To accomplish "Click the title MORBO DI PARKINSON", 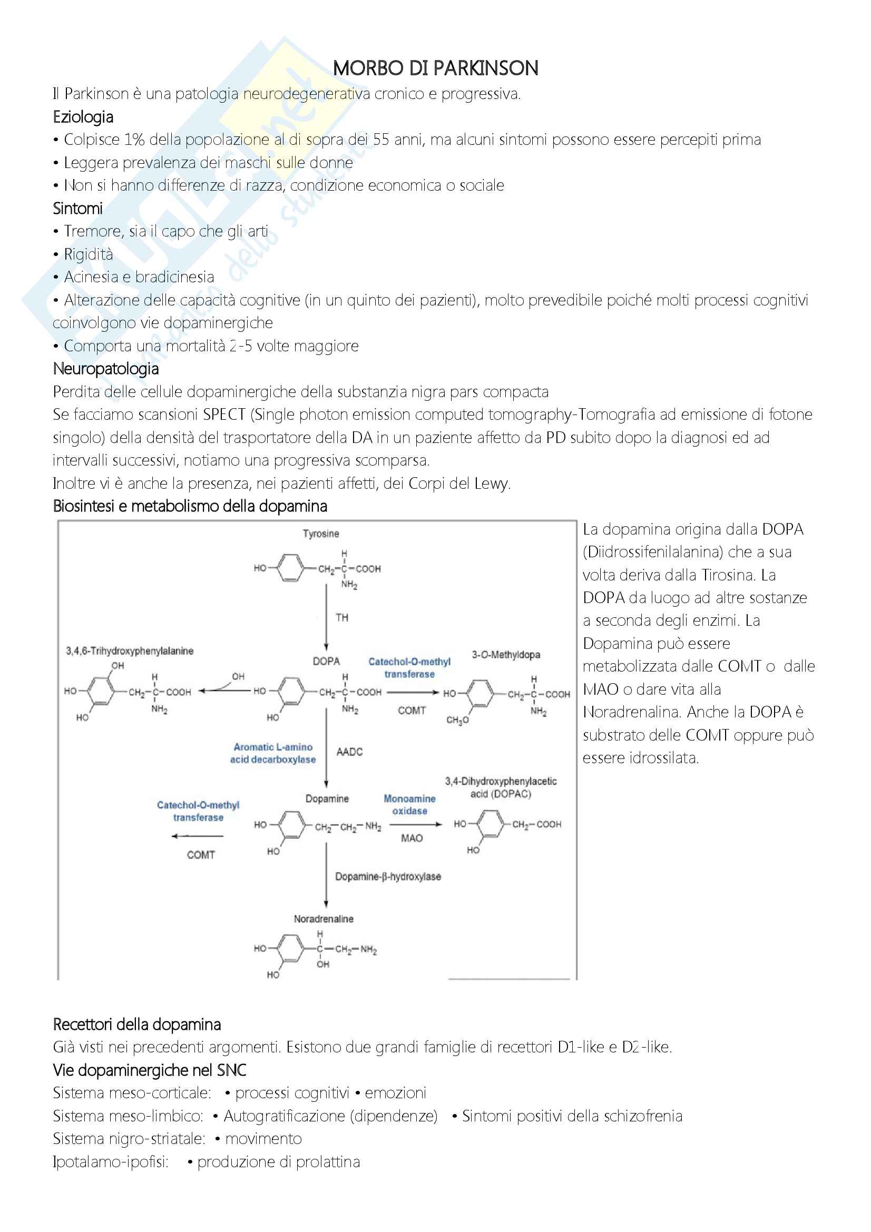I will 435,68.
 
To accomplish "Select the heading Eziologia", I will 83,117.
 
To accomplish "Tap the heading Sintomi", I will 77,208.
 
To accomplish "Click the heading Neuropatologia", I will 106,369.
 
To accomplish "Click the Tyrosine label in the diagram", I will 320,534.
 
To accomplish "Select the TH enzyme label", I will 342,617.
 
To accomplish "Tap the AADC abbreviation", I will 349,752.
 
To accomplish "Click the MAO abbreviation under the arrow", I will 412,837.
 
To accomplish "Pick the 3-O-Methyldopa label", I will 505,655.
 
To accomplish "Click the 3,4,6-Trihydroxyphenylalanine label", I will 129,651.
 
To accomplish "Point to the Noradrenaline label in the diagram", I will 324,919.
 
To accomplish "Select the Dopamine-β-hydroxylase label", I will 388,876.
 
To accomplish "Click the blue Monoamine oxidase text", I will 409,804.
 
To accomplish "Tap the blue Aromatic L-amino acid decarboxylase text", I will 272,753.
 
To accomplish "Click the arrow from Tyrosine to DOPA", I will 326,617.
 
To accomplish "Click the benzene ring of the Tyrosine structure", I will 290,568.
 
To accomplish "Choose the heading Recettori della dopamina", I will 137,1024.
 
